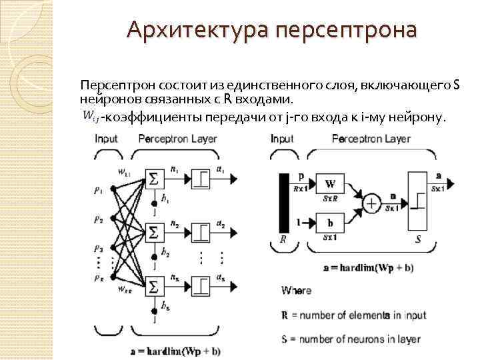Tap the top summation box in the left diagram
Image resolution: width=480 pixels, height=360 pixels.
[155, 179]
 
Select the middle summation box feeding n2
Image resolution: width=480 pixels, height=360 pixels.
[155, 233]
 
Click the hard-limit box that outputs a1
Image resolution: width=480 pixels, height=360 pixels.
[199, 179]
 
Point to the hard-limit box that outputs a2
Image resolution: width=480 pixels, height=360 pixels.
[199, 233]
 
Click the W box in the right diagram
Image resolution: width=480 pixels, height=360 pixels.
[331, 184]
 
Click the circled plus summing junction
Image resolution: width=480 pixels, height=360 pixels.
[371, 202]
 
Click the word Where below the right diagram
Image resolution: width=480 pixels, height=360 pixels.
[296, 291]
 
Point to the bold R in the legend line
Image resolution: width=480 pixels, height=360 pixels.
[285, 315]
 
